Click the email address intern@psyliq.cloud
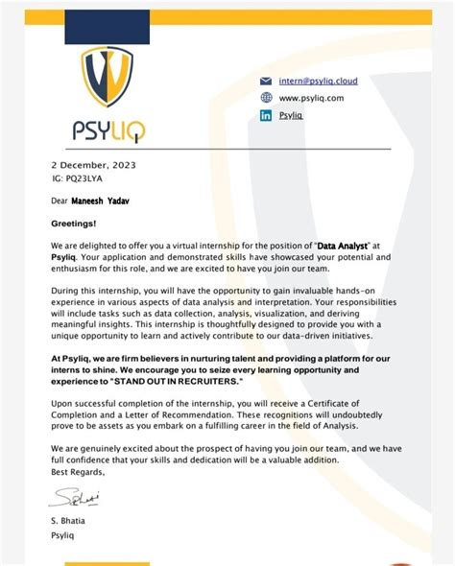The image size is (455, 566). (319, 82)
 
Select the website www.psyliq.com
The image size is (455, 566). (311, 98)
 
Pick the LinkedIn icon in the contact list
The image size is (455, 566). (266, 115)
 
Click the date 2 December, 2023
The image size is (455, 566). (93, 165)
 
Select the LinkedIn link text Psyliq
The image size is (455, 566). (290, 115)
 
